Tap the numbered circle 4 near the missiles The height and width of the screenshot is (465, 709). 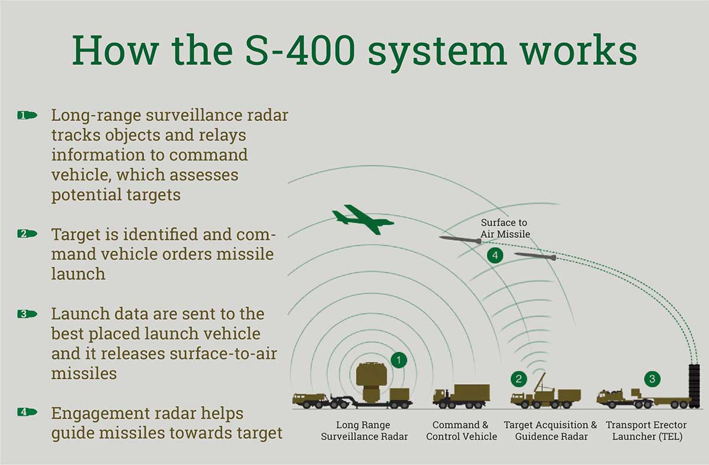pos(495,255)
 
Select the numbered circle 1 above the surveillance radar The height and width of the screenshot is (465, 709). pos(398,360)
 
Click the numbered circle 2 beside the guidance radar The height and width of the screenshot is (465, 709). pos(519,379)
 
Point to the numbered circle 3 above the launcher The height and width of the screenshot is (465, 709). pos(652,379)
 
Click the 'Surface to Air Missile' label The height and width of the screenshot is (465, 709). pos(505,228)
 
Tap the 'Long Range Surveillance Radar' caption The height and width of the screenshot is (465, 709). pos(364,431)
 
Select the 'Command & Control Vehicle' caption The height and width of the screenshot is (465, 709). pos(461,431)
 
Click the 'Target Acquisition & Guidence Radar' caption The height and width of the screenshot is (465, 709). pos(551,431)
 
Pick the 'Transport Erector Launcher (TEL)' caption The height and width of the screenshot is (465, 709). pos(646,431)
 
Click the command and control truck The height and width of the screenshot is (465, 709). pos(461,396)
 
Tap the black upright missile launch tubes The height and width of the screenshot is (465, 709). pos(694,386)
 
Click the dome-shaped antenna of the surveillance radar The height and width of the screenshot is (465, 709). pos(371,374)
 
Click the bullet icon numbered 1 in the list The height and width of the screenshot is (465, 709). pos(27,116)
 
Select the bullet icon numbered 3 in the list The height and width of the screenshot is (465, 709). pos(27,314)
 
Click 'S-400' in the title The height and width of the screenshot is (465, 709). pos(300,50)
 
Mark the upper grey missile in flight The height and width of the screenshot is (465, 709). pos(460,240)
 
